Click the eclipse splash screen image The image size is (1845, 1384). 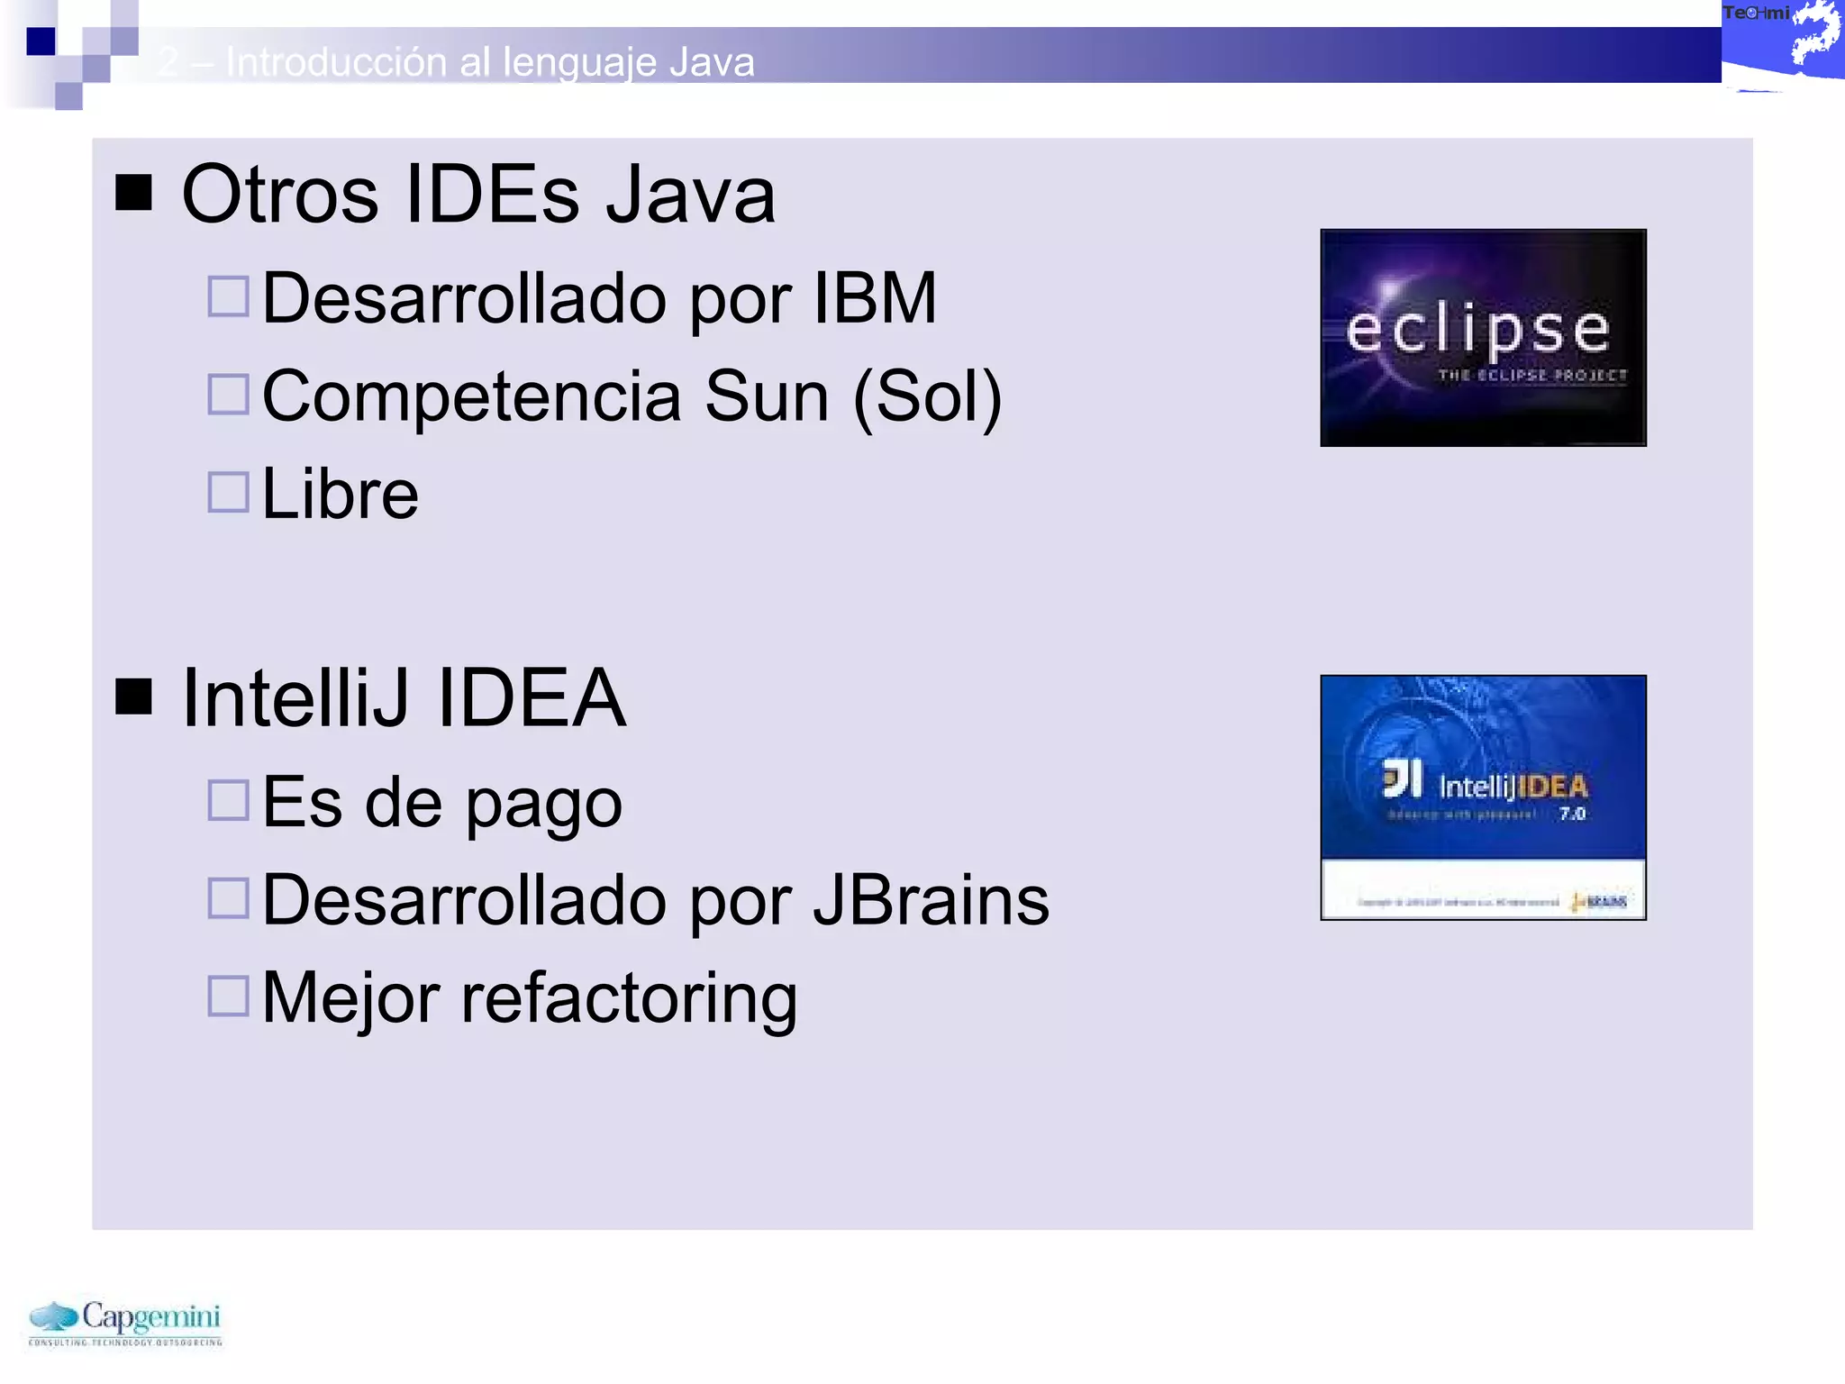1483,337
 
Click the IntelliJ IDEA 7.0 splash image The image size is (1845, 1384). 1483,797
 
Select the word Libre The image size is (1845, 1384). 340,495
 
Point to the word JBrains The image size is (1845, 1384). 931,900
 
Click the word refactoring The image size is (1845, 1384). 629,998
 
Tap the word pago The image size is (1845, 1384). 543,803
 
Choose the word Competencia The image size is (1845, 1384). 471,396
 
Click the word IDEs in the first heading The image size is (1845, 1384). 492,195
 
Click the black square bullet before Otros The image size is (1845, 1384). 133,192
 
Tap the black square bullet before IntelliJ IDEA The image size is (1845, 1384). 133,696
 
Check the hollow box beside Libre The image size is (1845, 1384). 228,493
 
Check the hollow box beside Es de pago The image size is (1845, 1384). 228,800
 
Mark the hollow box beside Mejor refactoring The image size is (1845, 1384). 228,996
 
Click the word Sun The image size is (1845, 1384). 766,396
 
